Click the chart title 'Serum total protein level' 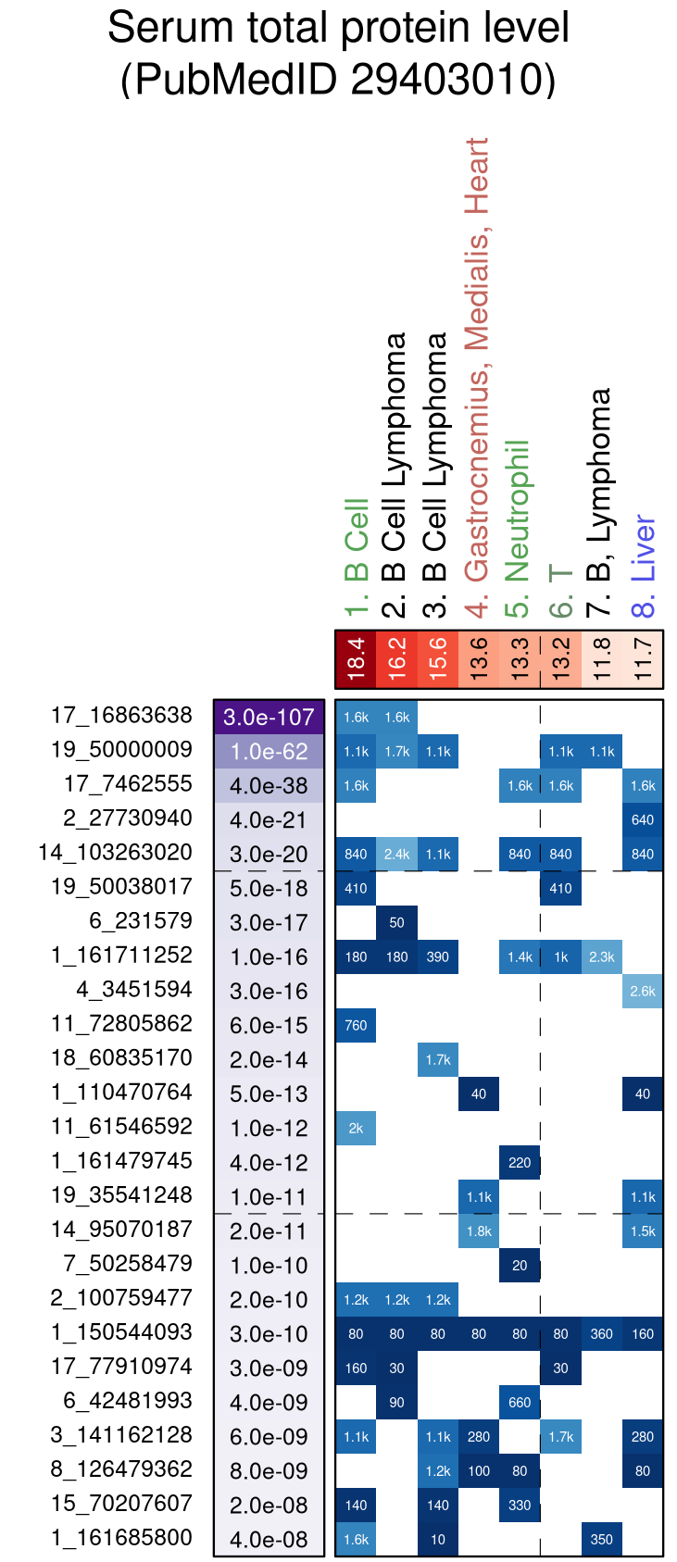(338, 28)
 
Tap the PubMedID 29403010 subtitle (338, 79)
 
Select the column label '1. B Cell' (357, 556)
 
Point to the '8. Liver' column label (643, 566)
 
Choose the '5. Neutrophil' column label (519, 529)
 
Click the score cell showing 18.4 (356, 659)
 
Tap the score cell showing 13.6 (479, 659)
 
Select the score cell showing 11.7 (643, 659)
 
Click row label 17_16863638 (121, 716)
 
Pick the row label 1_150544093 (121, 1332)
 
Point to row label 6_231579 (141, 921)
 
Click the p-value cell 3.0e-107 (269, 718)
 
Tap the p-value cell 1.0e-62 (269, 752)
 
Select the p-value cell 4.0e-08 (269, 1540)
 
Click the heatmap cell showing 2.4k (397, 855)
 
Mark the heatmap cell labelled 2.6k (643, 992)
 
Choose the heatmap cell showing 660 (520, 1403)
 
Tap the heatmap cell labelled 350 (602, 1540)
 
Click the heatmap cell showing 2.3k (602, 957)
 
